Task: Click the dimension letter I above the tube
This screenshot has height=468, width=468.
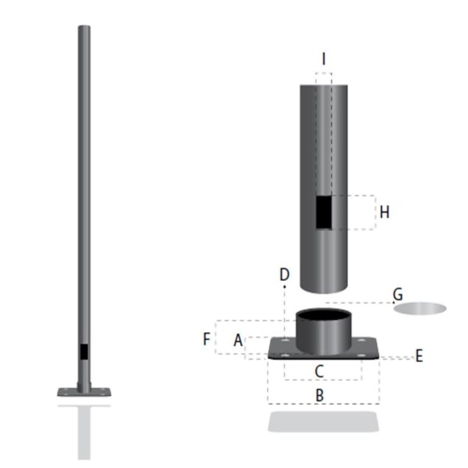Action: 323,58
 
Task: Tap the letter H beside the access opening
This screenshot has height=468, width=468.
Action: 384,212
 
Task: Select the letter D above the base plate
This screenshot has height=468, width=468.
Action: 284,275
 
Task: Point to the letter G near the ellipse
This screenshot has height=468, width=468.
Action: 397,294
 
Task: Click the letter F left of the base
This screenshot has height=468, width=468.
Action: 207,339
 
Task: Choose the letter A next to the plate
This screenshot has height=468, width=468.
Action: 238,341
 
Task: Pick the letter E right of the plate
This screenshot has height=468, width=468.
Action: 419,356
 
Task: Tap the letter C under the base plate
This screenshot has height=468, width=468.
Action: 319,371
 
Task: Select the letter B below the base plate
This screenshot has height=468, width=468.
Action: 319,395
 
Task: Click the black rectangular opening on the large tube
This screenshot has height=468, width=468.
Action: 324,212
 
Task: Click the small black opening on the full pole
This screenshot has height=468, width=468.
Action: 84,351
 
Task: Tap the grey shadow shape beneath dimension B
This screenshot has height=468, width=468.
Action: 323,421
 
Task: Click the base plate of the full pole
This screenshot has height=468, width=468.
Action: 84,392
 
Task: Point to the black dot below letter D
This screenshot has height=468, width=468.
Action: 284,286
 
